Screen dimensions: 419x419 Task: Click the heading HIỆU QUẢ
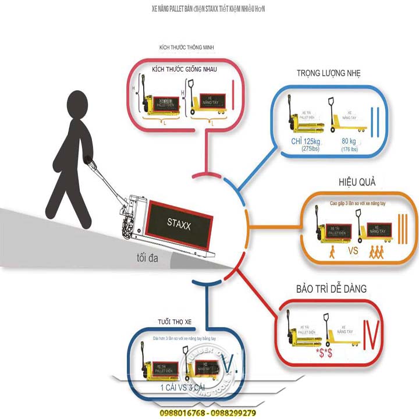point(351,182)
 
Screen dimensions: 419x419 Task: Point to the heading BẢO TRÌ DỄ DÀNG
point(331,289)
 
